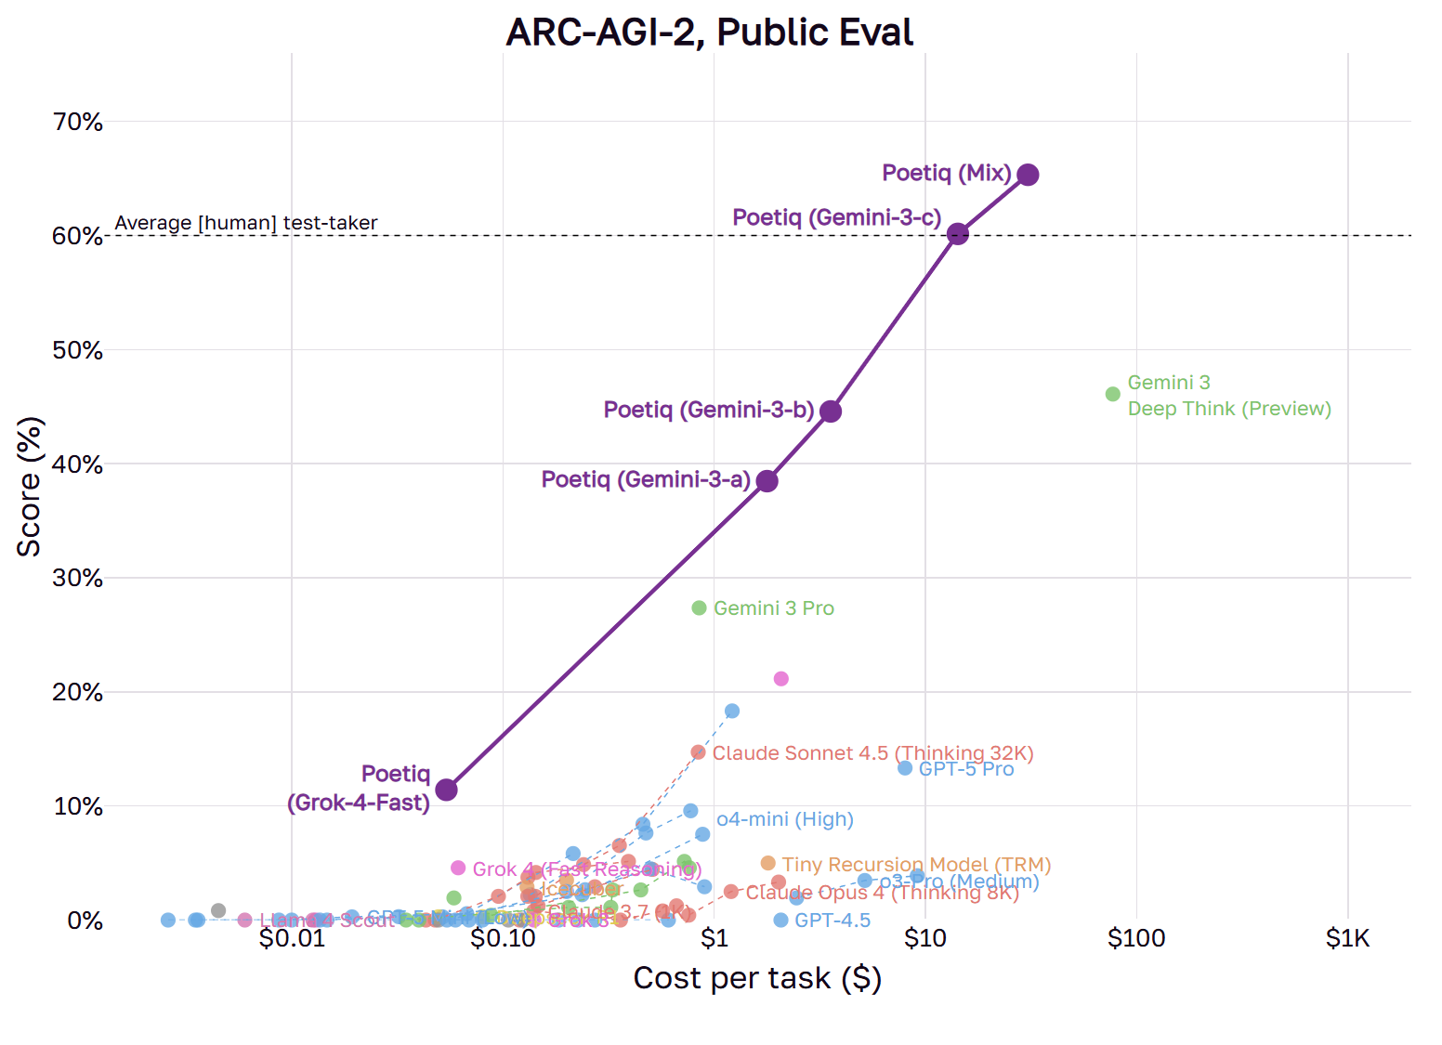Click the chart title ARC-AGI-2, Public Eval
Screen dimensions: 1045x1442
click(x=709, y=33)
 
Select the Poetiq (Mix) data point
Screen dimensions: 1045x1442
click(x=1028, y=175)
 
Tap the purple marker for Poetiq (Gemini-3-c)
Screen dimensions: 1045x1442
click(x=958, y=234)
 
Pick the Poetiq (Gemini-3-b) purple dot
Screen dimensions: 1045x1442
click(x=831, y=411)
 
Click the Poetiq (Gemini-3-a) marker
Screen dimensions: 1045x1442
click(x=767, y=481)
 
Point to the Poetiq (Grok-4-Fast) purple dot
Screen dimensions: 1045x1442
click(x=446, y=790)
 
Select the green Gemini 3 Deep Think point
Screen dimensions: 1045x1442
click(x=1113, y=394)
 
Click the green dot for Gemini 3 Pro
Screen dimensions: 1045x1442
click(x=700, y=607)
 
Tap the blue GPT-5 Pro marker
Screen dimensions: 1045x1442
click(x=905, y=768)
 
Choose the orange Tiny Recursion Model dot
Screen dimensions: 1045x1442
click(x=768, y=863)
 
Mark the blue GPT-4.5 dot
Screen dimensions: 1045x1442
click(x=781, y=920)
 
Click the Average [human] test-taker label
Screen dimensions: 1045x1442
click(x=246, y=223)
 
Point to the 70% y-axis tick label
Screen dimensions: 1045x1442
click(x=78, y=122)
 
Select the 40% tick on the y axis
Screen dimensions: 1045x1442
click(x=78, y=464)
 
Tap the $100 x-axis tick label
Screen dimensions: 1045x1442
click(x=1135, y=938)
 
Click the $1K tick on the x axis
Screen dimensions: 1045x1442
click(x=1347, y=938)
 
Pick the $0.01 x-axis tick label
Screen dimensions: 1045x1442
click(x=292, y=938)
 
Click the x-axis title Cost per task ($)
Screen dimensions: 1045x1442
click(x=757, y=978)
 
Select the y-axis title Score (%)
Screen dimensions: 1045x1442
click(x=30, y=487)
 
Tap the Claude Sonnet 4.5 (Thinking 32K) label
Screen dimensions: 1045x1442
click(x=872, y=752)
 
